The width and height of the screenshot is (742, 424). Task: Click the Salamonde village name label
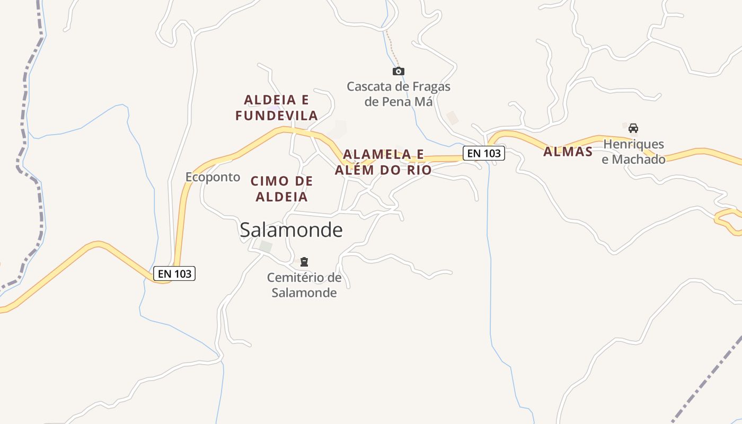click(291, 230)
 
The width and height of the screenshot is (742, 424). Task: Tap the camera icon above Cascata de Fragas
click(399, 71)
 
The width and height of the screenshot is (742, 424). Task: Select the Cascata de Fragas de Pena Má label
click(399, 94)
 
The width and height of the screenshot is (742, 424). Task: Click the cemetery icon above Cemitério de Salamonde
click(304, 261)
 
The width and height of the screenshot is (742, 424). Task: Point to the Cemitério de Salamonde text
click(304, 285)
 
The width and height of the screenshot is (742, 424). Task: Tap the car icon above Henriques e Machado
click(633, 128)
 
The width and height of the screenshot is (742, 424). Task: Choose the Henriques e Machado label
click(633, 152)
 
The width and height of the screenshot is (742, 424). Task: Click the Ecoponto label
click(213, 177)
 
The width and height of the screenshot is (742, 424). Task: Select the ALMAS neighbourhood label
click(568, 152)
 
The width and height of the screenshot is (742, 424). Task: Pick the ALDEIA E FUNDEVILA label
click(277, 108)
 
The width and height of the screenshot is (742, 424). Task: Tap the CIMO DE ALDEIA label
click(282, 189)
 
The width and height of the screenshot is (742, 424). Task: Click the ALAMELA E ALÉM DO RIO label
click(383, 162)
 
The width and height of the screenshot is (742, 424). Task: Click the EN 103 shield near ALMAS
click(484, 153)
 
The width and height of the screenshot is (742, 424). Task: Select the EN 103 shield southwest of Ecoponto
click(174, 273)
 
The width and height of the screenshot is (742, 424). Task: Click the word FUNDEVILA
click(277, 116)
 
